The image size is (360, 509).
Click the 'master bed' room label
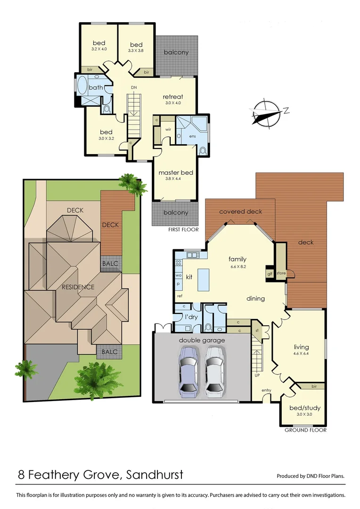(176, 172)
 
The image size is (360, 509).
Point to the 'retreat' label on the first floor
(172, 97)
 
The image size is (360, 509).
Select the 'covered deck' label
(240, 212)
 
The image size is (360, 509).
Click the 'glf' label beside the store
(270, 273)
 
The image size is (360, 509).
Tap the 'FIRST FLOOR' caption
(183, 230)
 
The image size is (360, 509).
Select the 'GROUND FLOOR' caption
(305, 430)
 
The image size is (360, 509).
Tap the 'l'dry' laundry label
(191, 317)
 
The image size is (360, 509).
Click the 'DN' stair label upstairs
(134, 88)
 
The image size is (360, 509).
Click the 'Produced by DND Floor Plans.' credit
(310, 476)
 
